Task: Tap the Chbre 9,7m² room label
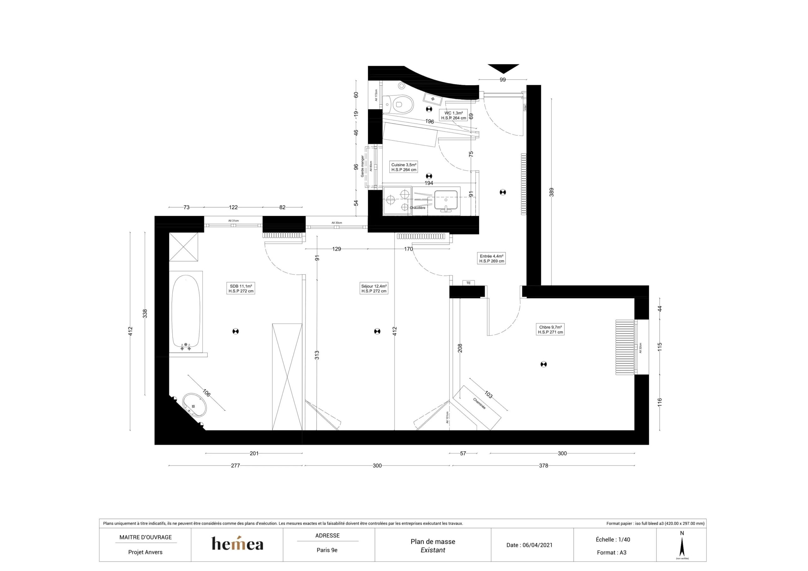550,329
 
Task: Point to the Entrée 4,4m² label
492,259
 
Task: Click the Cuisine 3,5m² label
404,167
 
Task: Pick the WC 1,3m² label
453,115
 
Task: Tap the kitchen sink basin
446,200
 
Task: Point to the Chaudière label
417,208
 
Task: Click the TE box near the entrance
468,283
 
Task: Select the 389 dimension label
551,192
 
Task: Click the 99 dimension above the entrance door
502,80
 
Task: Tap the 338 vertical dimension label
145,314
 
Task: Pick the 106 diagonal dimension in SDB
206,393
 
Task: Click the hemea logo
237,544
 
